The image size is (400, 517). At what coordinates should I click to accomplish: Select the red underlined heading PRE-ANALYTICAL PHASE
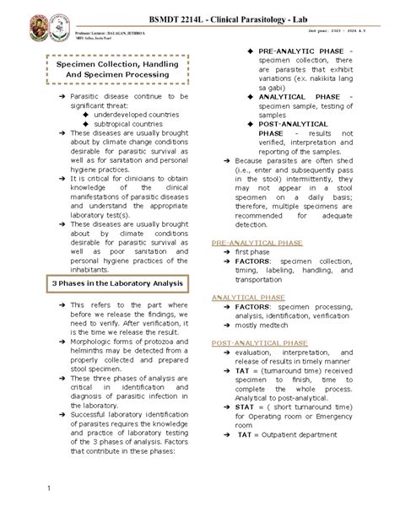(251, 242)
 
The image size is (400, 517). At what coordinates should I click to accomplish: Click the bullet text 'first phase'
(252, 252)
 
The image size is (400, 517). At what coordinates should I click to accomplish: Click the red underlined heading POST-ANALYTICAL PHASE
(254, 345)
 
